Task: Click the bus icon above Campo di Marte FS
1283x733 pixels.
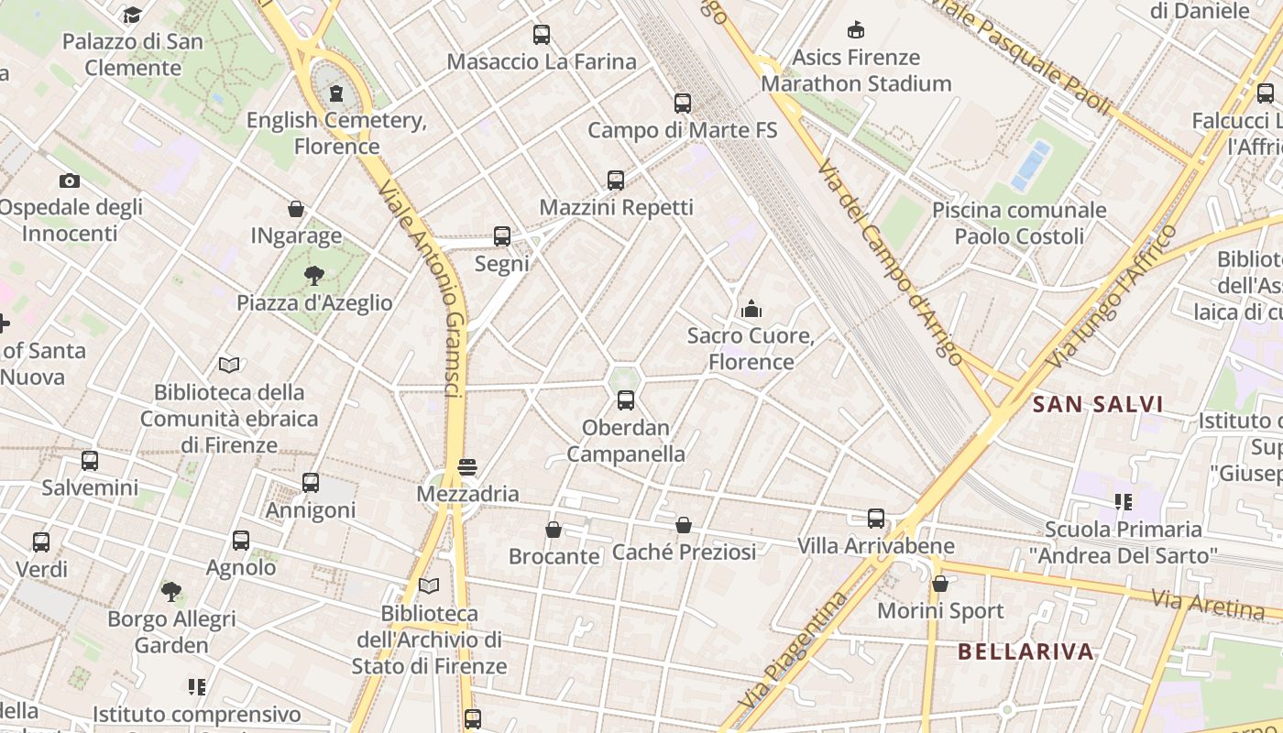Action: [x=682, y=104]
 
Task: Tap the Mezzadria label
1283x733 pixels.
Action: [x=467, y=494]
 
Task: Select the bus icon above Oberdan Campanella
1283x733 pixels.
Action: [x=626, y=400]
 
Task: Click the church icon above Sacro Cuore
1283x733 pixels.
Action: [x=751, y=309]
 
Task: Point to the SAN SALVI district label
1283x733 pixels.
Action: [x=1097, y=404]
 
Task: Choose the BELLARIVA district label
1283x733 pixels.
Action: [x=1025, y=651]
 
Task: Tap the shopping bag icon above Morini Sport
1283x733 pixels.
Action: [x=939, y=584]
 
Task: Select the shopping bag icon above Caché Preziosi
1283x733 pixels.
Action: [x=684, y=525]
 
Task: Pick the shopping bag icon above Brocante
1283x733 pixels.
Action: [x=554, y=530]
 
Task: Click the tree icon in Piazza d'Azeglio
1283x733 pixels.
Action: [x=314, y=275]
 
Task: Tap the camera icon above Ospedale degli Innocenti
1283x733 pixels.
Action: [x=70, y=181]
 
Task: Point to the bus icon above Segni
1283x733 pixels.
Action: [x=502, y=236]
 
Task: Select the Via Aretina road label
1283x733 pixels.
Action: [x=1208, y=604]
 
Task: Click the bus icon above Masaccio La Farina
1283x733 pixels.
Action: [x=542, y=35]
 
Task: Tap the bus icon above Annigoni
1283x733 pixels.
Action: [x=311, y=483]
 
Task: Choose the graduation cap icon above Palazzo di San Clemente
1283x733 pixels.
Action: [x=133, y=15]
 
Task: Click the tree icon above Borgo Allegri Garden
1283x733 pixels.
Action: [x=171, y=591]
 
